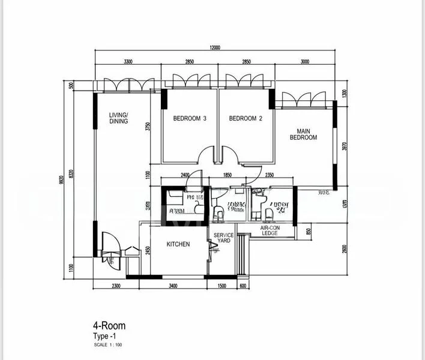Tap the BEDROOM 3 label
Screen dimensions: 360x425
190,119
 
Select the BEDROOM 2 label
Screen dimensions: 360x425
246,119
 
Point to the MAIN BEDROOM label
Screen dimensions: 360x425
303,134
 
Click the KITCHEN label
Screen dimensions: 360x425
178,244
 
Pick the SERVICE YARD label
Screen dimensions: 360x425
224,238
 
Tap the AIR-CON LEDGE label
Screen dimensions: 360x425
270,230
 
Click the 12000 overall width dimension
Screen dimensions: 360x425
216,48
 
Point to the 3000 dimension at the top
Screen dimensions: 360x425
304,62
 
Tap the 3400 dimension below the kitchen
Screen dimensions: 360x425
172,286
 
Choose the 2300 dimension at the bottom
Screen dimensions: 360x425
116,286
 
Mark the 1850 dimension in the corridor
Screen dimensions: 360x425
227,175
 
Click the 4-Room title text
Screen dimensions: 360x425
109,326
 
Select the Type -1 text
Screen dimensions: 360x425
104,336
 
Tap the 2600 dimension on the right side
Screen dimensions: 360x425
345,248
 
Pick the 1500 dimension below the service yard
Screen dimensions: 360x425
222,286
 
